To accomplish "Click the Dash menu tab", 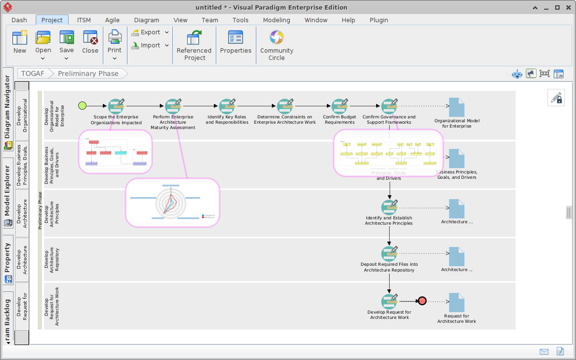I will point(19,20).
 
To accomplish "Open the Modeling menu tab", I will point(276,20).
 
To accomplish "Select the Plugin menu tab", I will point(379,20).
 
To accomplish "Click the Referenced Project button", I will point(194,45).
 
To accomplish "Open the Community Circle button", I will point(277,45).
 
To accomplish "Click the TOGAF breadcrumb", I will point(33,73).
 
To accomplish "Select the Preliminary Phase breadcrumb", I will point(88,73).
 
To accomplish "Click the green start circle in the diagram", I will point(82,106).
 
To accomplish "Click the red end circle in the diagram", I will point(422,301).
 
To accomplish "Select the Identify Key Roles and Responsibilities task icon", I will point(227,106).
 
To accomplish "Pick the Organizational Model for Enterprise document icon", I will point(456,107).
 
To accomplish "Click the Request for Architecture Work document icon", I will point(456,302).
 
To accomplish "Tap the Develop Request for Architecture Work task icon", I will point(389,302).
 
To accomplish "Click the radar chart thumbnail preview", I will point(172,202).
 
